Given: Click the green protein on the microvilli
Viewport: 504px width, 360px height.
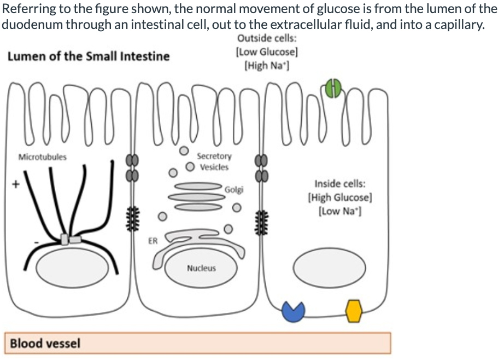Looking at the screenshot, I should (333, 88).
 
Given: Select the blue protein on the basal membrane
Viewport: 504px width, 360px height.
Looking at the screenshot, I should (292, 311).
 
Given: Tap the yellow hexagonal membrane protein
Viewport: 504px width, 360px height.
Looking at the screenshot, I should (354, 311).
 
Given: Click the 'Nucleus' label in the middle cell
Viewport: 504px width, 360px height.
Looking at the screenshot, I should (201, 268).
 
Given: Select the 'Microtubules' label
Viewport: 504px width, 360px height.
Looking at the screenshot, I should (43, 157).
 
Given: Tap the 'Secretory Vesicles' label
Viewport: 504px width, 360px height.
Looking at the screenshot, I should (214, 161).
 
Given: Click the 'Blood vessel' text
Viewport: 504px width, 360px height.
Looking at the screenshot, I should (45, 343).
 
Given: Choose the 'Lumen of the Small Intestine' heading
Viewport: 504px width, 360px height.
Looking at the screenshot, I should (89, 56).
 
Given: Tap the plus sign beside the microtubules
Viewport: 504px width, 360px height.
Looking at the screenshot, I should (17, 185).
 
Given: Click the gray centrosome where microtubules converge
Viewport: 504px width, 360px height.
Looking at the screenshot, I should (71, 240).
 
